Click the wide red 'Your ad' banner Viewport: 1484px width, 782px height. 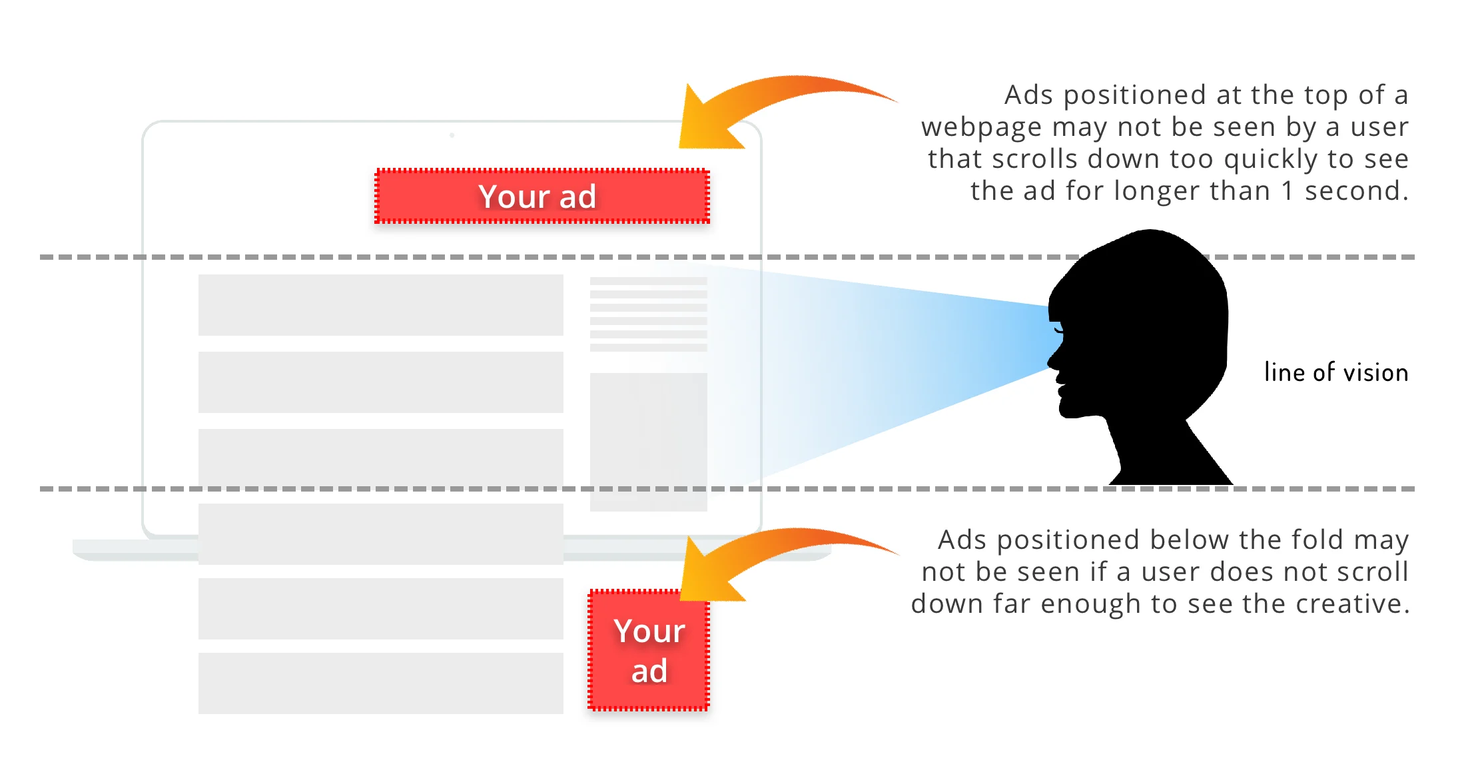click(542, 196)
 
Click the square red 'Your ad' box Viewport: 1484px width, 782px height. click(649, 650)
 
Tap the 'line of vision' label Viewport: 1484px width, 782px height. click(1335, 372)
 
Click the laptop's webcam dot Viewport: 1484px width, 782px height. click(452, 135)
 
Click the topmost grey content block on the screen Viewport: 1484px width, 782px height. click(380, 305)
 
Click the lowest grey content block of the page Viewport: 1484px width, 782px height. click(380, 683)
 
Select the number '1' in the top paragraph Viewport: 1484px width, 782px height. click(1288, 191)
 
